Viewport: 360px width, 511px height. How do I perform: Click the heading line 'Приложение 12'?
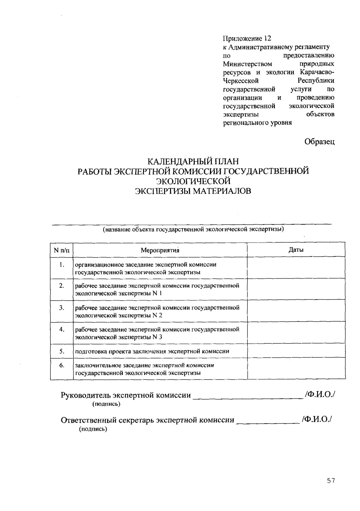tap(247, 38)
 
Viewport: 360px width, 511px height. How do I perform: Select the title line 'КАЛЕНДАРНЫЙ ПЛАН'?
tap(193, 162)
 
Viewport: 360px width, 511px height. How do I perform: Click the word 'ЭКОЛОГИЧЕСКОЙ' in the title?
tap(193, 181)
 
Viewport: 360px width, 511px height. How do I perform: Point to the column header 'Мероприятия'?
tap(160, 250)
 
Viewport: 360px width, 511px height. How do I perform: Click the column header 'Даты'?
tap(296, 250)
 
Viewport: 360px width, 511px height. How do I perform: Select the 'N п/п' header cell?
tap(61, 250)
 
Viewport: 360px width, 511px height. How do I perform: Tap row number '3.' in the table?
tap(61, 308)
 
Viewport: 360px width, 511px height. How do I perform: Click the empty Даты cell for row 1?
tap(296, 268)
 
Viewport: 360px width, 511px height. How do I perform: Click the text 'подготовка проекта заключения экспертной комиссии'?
tap(152, 351)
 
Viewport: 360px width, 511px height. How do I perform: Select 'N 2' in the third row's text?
tap(157, 315)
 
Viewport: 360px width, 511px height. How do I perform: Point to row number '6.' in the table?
tap(61, 365)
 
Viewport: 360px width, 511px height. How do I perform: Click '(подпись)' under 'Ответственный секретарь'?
tap(93, 429)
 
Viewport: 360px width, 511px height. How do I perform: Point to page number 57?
tap(331, 480)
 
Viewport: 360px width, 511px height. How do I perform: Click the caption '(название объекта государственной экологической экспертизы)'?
tap(193, 230)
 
